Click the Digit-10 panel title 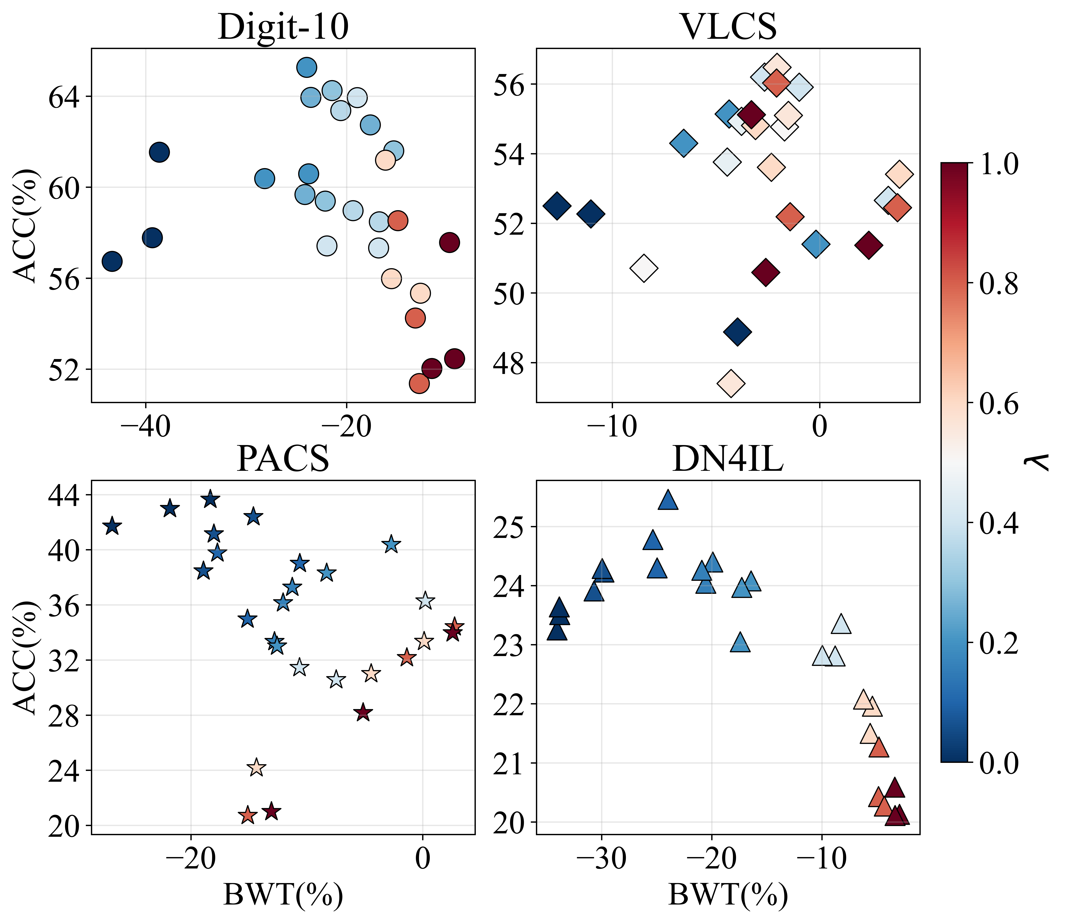[x=283, y=27]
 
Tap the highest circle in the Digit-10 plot [x=306, y=67]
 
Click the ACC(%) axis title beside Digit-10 [x=25, y=225]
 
